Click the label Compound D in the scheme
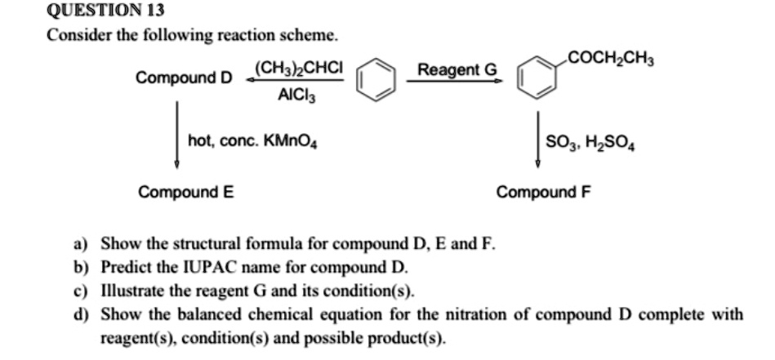tap(184, 78)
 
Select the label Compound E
tap(185, 193)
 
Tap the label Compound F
tap(543, 193)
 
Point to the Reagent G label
tap(457, 70)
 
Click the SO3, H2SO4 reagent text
tap(593, 146)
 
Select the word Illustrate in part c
tap(131, 290)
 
